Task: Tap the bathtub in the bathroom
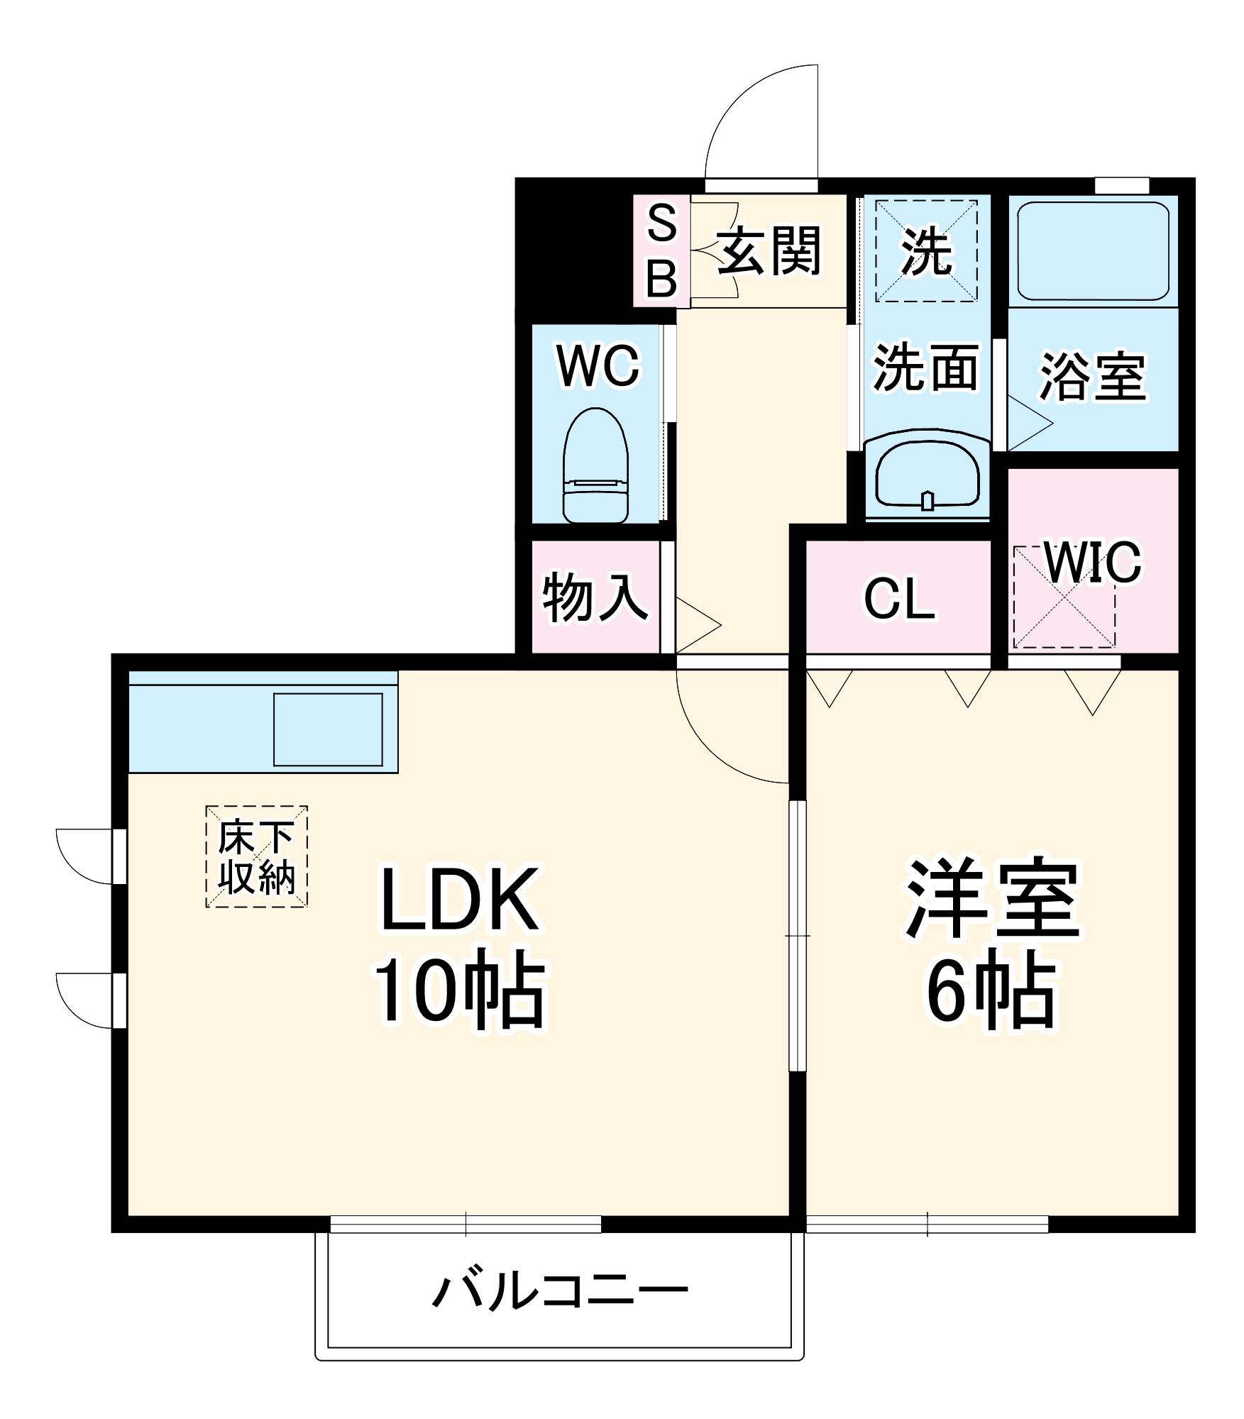(1093, 251)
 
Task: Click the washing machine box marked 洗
(926, 251)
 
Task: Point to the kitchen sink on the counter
(328, 729)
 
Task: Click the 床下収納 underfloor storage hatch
(256, 856)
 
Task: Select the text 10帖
(460, 990)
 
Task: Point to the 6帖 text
(991, 990)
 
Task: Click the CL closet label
(899, 600)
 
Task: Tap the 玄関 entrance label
(769, 251)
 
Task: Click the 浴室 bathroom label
(1092, 376)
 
